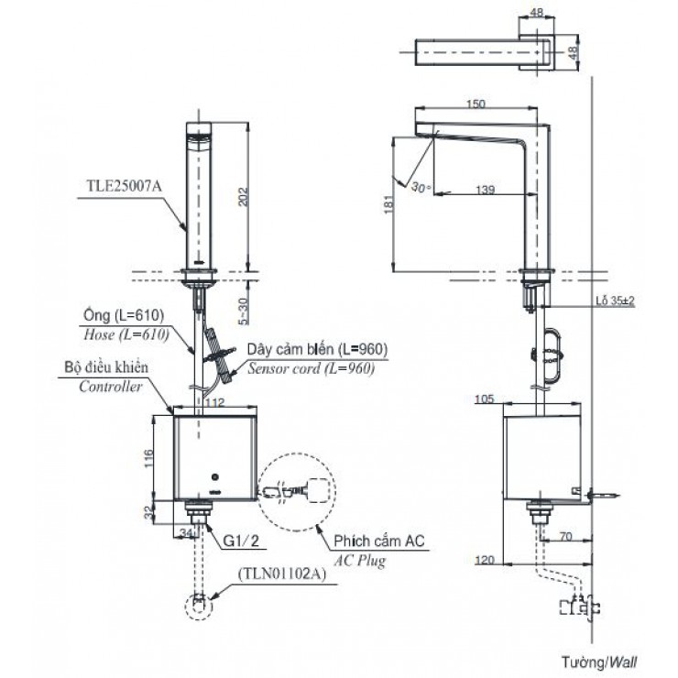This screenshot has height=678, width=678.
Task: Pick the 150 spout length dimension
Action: point(475,104)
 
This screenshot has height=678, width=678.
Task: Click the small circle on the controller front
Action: point(213,477)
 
